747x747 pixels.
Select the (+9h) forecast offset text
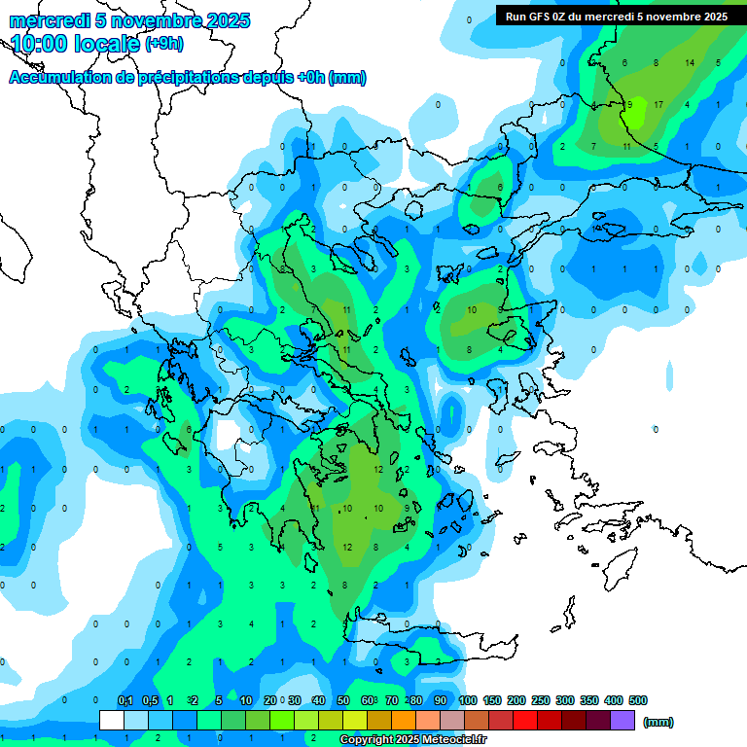pyautogui.click(x=163, y=43)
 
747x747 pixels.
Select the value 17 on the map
pyautogui.click(x=658, y=104)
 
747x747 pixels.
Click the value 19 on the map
pyautogui.click(x=596, y=229)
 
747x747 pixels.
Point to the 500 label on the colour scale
pyautogui.click(x=638, y=700)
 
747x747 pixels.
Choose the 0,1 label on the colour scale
pyautogui.click(x=125, y=700)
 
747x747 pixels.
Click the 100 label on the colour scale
pyautogui.click(x=468, y=700)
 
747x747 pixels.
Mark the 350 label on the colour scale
pyautogui.click(x=589, y=700)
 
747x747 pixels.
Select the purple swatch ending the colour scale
pyautogui.click(x=622, y=720)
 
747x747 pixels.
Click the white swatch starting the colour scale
pyautogui.click(x=112, y=720)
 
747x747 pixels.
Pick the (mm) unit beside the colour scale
pyautogui.click(x=658, y=722)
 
